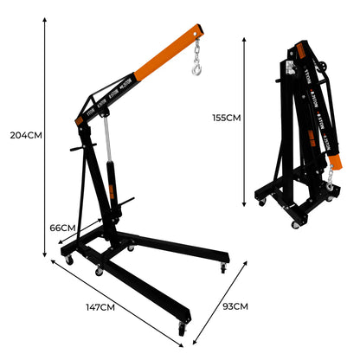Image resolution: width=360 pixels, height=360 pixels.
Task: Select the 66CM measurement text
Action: (x=62, y=228)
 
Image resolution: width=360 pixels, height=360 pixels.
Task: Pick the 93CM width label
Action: (x=235, y=305)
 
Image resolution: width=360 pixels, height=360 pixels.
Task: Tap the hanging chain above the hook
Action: (x=199, y=49)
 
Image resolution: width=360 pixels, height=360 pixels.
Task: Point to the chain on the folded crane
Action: (x=331, y=183)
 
